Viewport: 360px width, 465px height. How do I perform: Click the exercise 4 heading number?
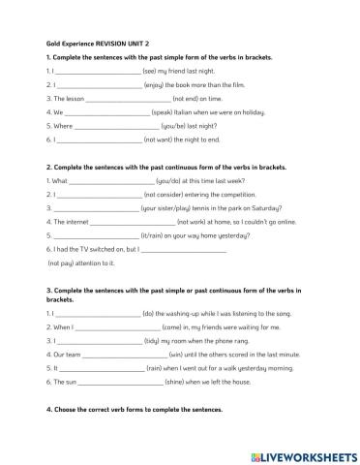(48, 410)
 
